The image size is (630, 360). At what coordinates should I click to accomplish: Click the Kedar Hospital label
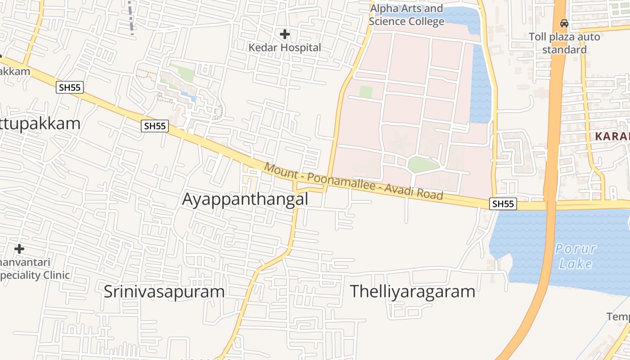tap(285, 47)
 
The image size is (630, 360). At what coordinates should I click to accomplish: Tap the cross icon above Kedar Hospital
tap(284, 34)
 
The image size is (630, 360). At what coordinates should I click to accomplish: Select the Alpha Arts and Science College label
tap(406, 15)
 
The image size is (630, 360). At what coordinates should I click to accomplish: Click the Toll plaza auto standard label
tap(564, 43)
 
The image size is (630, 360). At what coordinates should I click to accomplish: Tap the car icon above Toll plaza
tap(564, 23)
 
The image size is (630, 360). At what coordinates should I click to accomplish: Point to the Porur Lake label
tap(576, 256)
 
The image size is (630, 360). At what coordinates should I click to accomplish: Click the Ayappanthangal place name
tap(245, 199)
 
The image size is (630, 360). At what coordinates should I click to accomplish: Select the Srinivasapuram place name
tap(164, 291)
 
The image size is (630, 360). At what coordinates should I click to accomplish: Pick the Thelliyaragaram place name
tap(412, 291)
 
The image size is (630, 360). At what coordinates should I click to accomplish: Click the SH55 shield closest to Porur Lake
tap(503, 204)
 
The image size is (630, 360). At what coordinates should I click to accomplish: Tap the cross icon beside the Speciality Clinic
tap(19, 248)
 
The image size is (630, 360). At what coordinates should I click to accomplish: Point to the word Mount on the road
tap(281, 171)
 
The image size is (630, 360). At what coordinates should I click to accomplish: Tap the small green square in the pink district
tap(366, 92)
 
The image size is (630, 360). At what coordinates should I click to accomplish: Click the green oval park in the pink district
tap(423, 165)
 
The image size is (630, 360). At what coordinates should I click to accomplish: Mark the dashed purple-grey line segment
tap(131, 17)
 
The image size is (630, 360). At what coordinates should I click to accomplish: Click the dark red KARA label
tap(612, 136)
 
